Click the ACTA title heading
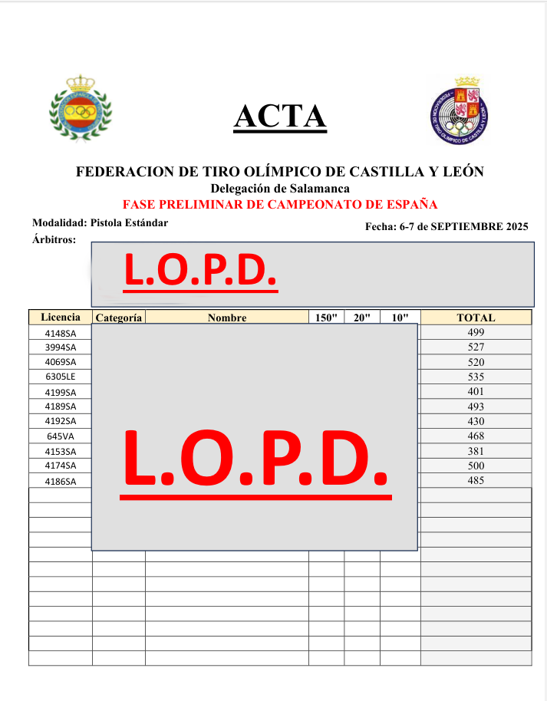(x=280, y=116)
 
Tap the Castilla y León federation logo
(x=463, y=110)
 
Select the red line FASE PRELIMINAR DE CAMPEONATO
(x=280, y=205)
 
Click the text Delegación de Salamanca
(x=280, y=189)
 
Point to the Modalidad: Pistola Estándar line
(x=100, y=222)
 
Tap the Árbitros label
(x=54, y=240)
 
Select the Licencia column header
(x=60, y=317)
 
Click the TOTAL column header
(x=476, y=318)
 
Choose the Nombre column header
(x=226, y=318)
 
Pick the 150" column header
(x=326, y=318)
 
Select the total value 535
(x=476, y=377)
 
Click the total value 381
(x=476, y=451)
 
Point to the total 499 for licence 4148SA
(x=476, y=332)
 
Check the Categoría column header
(x=118, y=318)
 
